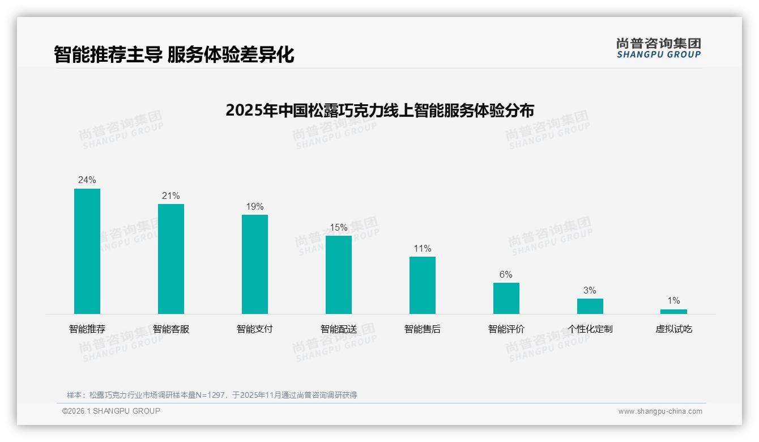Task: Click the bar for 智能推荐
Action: tap(87, 251)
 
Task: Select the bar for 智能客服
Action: tap(171, 259)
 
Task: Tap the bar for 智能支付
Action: tap(255, 264)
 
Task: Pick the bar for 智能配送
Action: tap(339, 275)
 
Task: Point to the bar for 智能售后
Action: tap(423, 285)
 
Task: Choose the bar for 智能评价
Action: tap(506, 298)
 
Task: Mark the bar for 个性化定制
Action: tap(590, 306)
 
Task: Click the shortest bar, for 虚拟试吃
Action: tap(673, 312)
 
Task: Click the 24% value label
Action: tap(87, 180)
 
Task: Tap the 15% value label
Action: tap(339, 227)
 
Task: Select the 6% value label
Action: tap(506, 275)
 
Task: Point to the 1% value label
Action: tap(673, 301)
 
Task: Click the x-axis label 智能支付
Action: tap(255, 329)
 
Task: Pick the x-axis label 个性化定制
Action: tap(590, 329)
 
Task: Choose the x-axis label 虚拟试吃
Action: tap(674, 329)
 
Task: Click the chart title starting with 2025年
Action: tap(380, 110)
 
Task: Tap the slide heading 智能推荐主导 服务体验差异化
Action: tap(174, 55)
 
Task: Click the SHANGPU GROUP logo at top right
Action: tap(659, 48)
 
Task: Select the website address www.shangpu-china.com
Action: tap(660, 411)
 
